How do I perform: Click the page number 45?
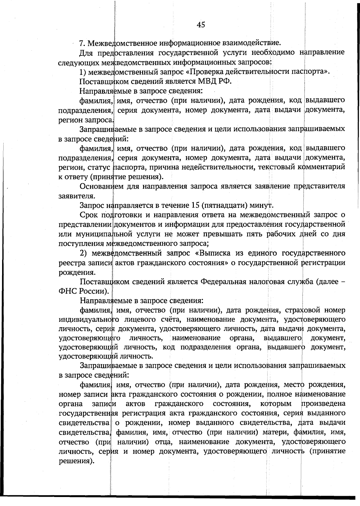pyautogui.click(x=201, y=25)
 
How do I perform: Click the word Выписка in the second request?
pyautogui.click(x=214, y=253)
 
